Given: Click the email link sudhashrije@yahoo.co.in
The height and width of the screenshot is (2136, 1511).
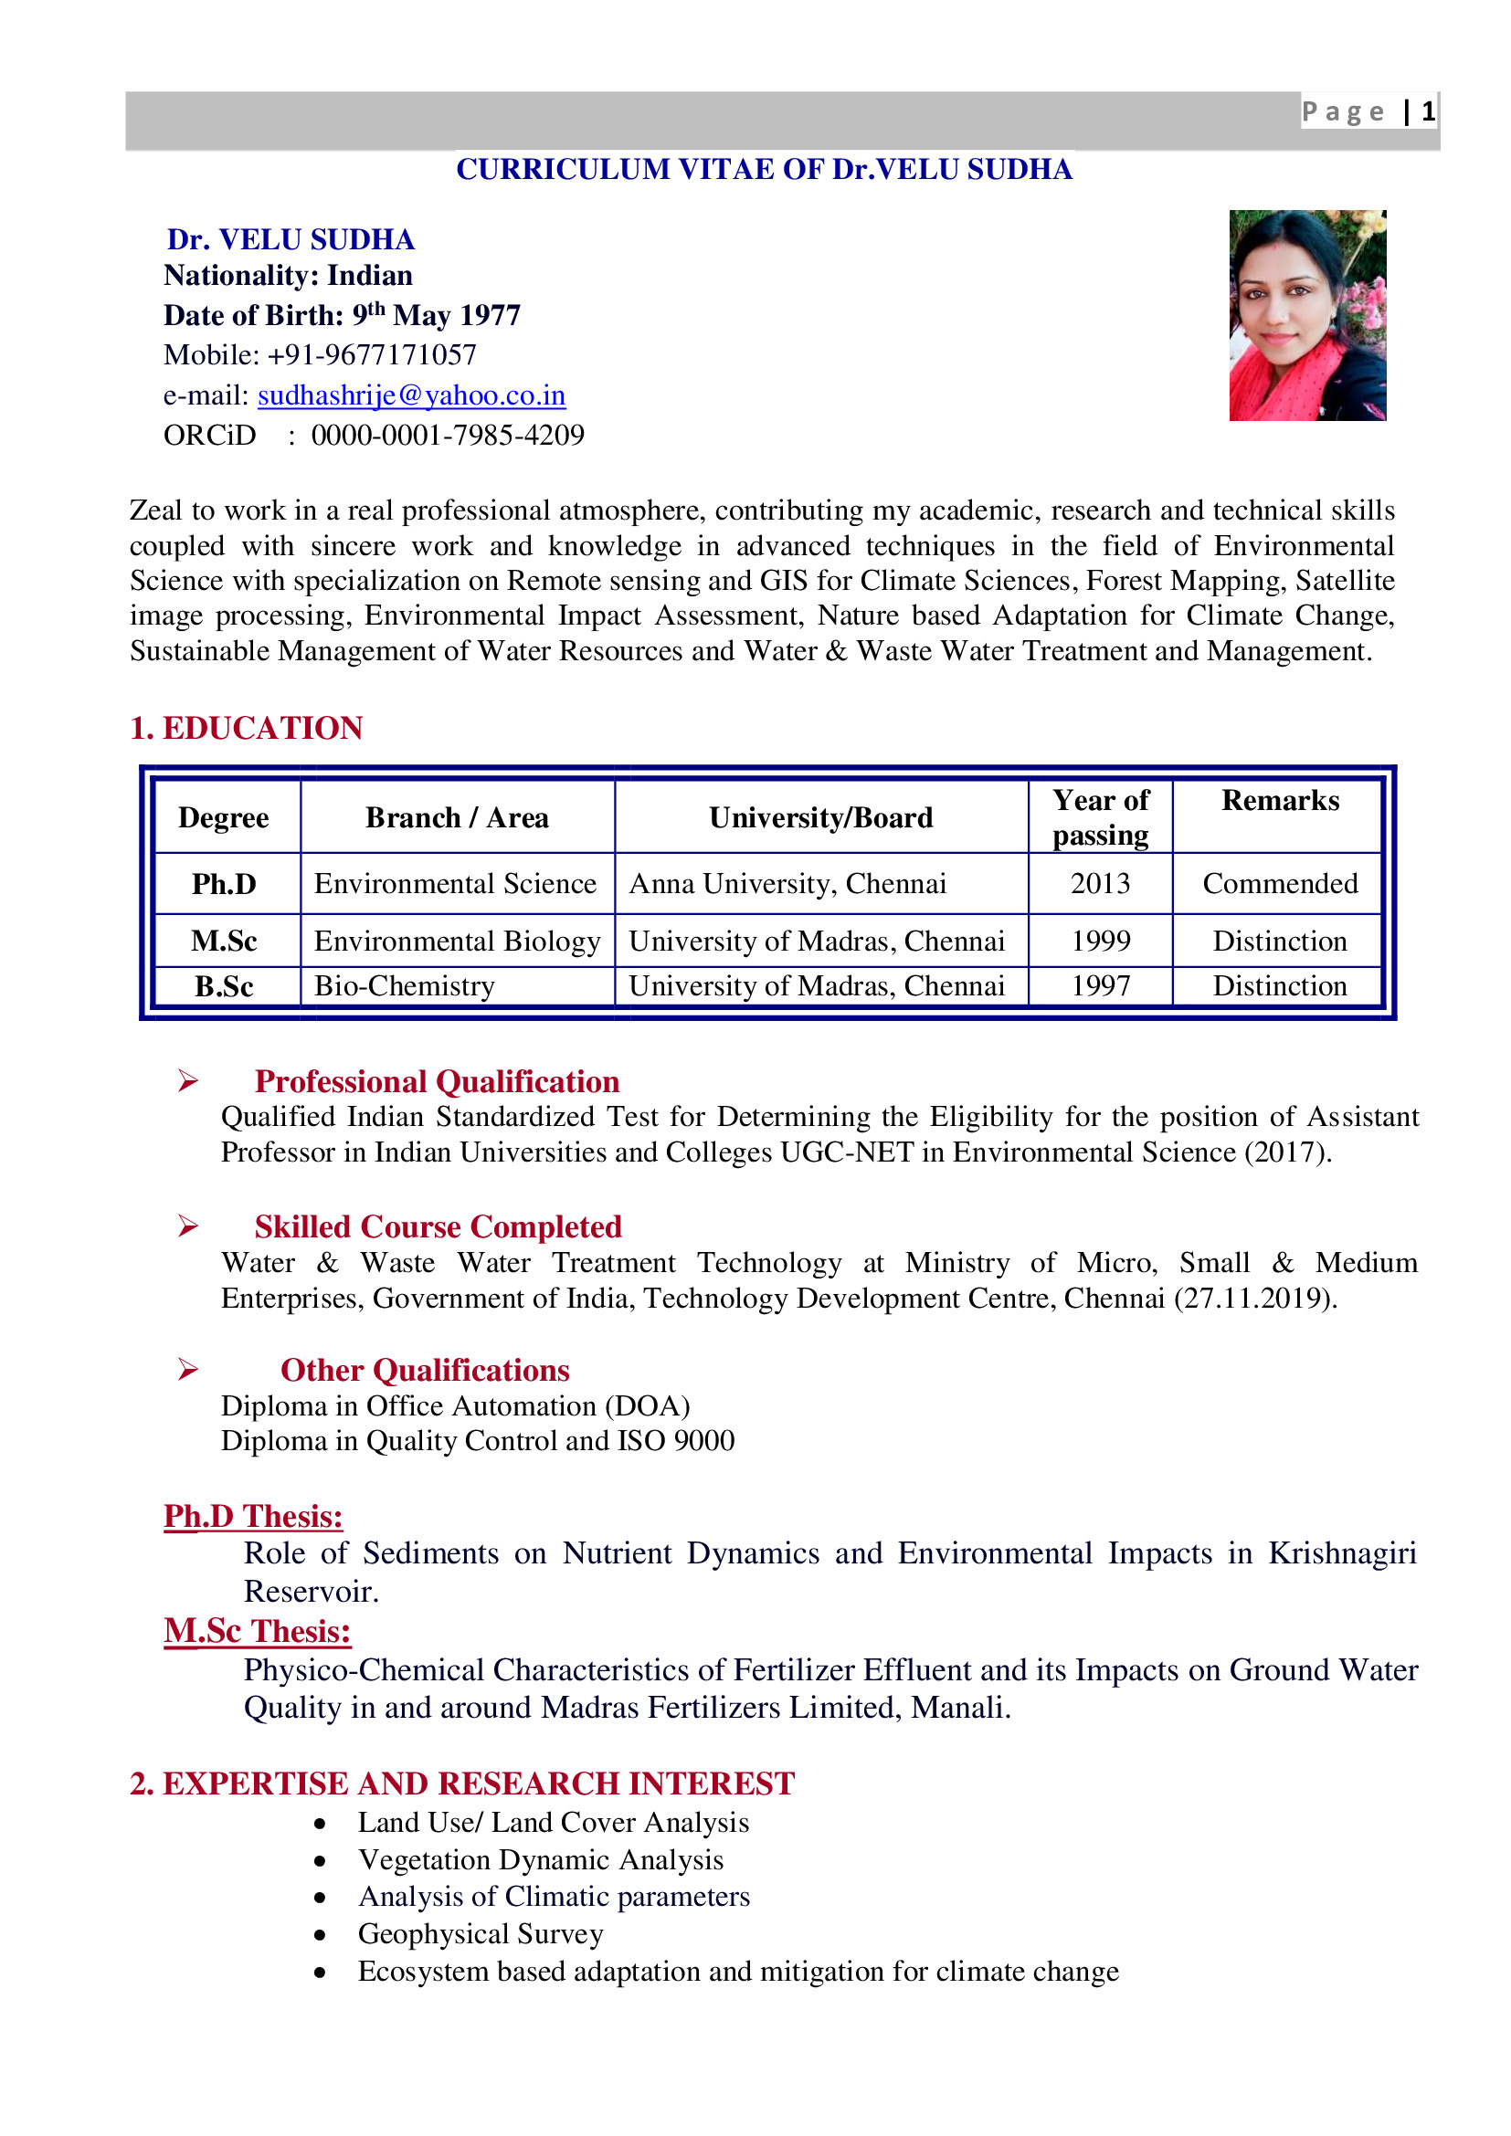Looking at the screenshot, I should [x=411, y=395].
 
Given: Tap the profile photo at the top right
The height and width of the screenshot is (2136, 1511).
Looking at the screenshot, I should [x=1306, y=315].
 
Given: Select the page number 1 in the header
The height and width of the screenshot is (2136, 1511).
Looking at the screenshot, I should [x=1427, y=111].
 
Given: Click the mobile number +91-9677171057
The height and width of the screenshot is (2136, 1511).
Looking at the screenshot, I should [x=371, y=354].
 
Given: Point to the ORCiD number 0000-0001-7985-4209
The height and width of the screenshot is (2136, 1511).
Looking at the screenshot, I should [x=448, y=435].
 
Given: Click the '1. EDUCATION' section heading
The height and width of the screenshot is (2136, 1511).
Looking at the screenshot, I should [x=246, y=728].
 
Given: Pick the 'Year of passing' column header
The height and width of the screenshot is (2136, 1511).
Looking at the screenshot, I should [x=1100, y=816].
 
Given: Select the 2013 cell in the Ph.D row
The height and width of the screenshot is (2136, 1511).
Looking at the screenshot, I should [x=1100, y=883].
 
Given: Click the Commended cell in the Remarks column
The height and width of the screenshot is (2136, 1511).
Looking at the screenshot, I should [x=1279, y=883].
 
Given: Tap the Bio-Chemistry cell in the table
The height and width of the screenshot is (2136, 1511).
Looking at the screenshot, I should [x=404, y=985].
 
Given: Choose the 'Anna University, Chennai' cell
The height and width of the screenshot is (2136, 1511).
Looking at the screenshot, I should [x=787, y=883].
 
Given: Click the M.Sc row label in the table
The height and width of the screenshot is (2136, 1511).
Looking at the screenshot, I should [x=224, y=941].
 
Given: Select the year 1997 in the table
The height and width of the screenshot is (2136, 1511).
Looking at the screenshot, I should [x=1100, y=985].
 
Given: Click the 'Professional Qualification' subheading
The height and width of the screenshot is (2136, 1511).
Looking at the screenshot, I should [x=438, y=1081].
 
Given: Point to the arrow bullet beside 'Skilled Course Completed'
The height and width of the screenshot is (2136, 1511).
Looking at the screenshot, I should [x=188, y=1226].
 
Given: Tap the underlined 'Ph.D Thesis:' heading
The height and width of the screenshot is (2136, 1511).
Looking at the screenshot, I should [x=253, y=1517].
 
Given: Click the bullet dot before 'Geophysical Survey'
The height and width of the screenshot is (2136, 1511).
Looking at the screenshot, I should [x=320, y=1935].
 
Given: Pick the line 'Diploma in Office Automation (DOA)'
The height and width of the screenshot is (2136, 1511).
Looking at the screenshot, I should [x=455, y=1405].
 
